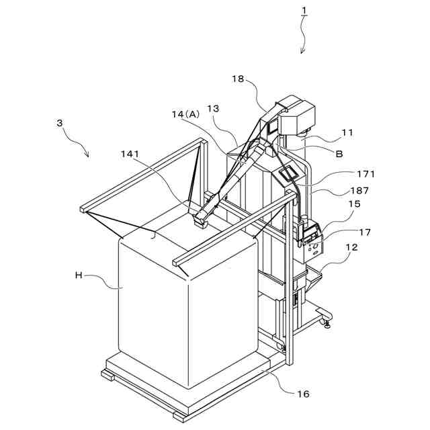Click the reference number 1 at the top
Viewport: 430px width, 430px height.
[x=304, y=10]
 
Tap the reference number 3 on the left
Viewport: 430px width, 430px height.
[x=60, y=123]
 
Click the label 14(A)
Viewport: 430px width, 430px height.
[x=185, y=114]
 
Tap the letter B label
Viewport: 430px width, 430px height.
[x=339, y=153]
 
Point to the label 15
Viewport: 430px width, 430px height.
[x=354, y=204]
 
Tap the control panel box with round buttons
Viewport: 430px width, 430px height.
[x=312, y=249]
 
